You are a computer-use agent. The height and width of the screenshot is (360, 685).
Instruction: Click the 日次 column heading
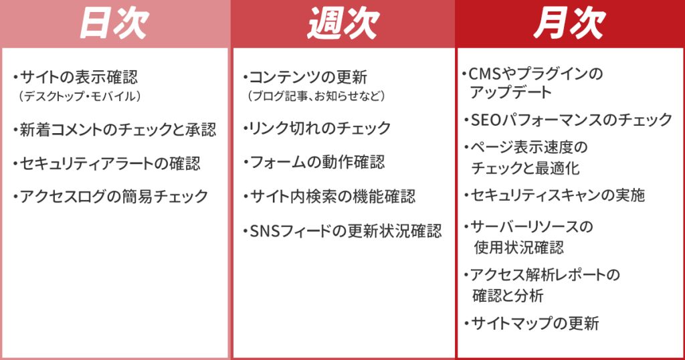pyautogui.click(x=114, y=23)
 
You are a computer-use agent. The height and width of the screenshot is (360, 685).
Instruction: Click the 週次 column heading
pyautogui.click(x=343, y=23)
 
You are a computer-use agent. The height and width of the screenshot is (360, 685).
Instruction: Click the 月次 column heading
pyautogui.click(x=569, y=23)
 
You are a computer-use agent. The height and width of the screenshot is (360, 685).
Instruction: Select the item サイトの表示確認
pyautogui.click(x=79, y=78)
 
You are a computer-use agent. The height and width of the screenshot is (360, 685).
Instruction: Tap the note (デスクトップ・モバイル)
pyautogui.click(x=80, y=96)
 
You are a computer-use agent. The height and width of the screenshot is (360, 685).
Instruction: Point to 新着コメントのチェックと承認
pyautogui.click(x=118, y=130)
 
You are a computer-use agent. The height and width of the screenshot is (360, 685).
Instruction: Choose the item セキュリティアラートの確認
pyautogui.click(x=110, y=164)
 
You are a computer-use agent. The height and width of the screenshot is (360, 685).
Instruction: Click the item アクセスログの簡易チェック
pyautogui.click(x=114, y=197)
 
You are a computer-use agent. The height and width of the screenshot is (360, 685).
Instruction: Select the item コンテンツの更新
pyautogui.click(x=308, y=78)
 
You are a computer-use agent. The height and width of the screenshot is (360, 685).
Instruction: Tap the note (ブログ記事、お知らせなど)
pyautogui.click(x=316, y=96)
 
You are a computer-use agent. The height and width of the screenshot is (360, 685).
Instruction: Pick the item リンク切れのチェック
pyautogui.click(x=320, y=128)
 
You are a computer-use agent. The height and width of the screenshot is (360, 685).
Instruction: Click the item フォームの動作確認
pyautogui.click(x=317, y=163)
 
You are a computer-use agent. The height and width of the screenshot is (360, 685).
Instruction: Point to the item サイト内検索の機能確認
pyautogui.click(x=332, y=197)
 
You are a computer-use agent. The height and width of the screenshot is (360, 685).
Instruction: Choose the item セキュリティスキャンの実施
pyautogui.click(x=557, y=195)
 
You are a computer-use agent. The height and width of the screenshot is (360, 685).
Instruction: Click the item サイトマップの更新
pyautogui.click(x=534, y=324)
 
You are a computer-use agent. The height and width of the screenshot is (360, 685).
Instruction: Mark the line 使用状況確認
pyautogui.click(x=519, y=248)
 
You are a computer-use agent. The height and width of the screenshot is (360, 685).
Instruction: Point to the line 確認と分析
pyautogui.click(x=508, y=296)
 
